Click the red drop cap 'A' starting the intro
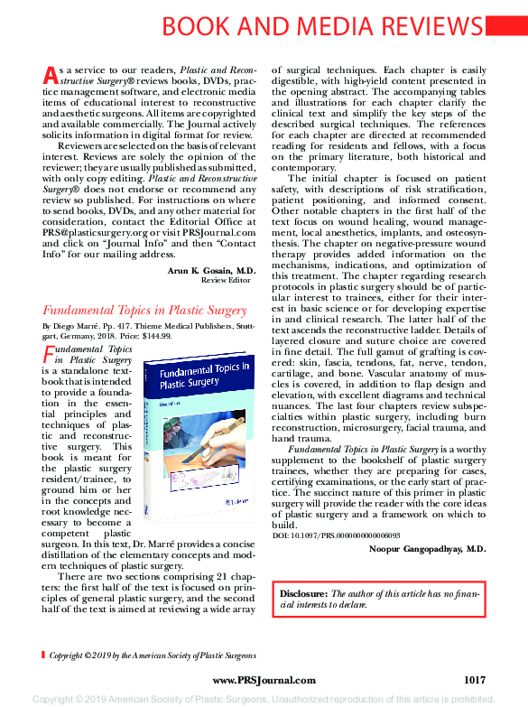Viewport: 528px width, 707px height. coord(50,75)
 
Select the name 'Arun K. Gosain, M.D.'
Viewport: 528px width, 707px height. coord(212,270)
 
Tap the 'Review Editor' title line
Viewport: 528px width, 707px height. coord(227,281)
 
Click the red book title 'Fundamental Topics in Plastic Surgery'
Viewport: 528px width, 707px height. coord(144,311)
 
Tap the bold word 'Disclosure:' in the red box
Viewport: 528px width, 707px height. coord(304,593)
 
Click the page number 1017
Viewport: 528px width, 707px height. coord(475,679)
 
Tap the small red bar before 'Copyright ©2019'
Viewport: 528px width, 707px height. coord(43,655)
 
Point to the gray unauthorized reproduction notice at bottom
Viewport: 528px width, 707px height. coord(264,699)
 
